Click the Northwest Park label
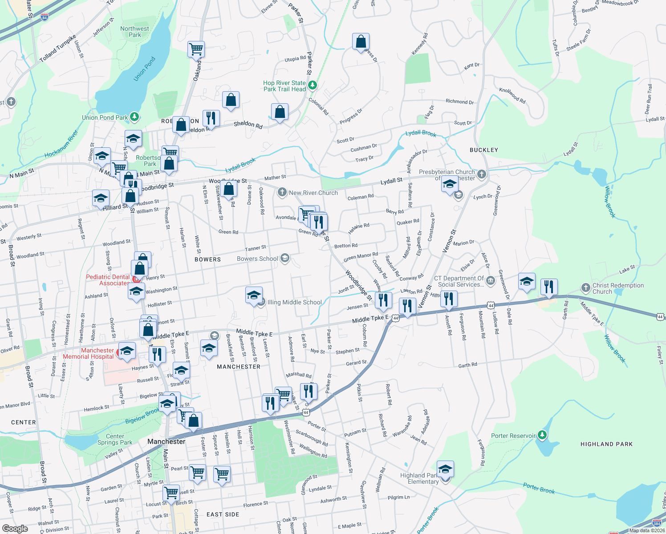point(134,32)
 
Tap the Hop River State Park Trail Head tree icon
point(313,85)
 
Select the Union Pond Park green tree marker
point(134,117)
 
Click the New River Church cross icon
point(282,192)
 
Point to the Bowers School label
point(257,259)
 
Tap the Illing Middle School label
point(294,302)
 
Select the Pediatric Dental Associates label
point(108,280)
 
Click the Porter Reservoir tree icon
point(542,435)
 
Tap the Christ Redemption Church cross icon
point(586,287)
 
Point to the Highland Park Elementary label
point(419,478)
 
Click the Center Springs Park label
point(115,439)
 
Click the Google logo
point(15,528)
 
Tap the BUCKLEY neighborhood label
point(483,150)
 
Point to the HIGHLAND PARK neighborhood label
point(606,444)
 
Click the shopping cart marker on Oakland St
point(196,49)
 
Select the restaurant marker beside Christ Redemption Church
point(548,287)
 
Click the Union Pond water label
point(145,69)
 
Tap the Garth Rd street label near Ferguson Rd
point(467,365)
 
